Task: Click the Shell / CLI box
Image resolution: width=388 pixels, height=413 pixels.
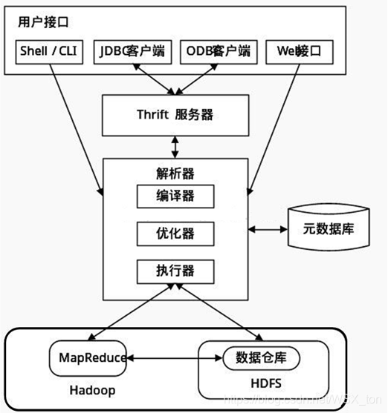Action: (x=49, y=52)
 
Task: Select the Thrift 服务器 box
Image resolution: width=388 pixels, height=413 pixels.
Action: (x=176, y=114)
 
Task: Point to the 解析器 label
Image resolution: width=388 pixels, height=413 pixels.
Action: (x=176, y=174)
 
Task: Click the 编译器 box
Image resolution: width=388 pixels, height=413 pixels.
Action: (x=176, y=196)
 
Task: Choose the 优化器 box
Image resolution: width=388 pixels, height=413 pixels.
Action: (x=176, y=233)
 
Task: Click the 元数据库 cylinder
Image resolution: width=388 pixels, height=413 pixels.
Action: (x=321, y=228)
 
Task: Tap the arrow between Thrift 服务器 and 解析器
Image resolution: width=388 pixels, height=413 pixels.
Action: (x=176, y=146)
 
